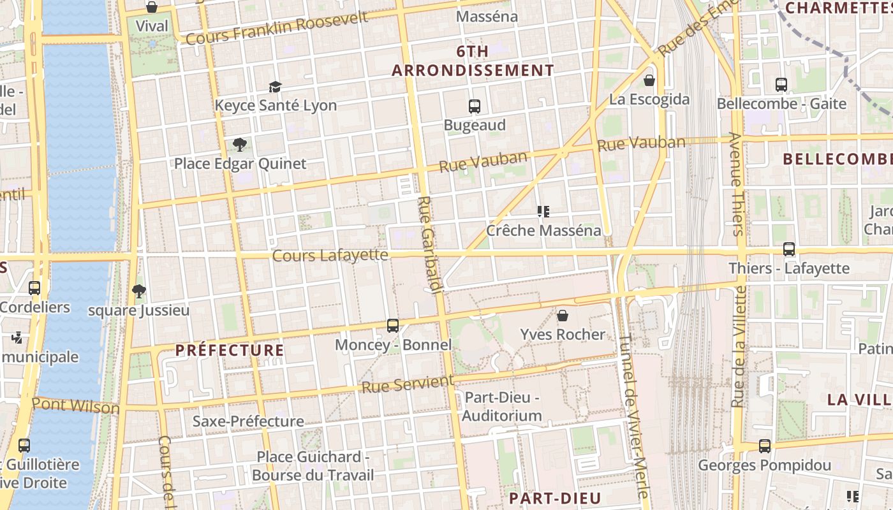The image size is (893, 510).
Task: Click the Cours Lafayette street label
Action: click(330, 255)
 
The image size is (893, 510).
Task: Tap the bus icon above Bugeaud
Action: click(474, 106)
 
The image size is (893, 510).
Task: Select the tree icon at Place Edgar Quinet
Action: click(240, 145)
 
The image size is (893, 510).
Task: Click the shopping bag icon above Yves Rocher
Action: click(563, 315)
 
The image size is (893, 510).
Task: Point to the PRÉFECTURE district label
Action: click(230, 350)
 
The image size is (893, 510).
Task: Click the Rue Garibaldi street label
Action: click(429, 245)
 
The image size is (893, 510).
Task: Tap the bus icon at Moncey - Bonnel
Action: click(393, 326)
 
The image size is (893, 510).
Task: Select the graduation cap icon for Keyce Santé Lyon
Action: click(275, 87)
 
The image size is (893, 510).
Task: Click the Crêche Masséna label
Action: click(543, 230)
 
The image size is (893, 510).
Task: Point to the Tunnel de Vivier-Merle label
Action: click(633, 414)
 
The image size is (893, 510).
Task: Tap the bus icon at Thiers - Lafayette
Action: click(789, 249)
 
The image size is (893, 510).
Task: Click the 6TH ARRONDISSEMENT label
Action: click(473, 61)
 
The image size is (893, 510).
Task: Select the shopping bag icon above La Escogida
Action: click(649, 80)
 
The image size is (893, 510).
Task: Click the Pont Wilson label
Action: click(75, 405)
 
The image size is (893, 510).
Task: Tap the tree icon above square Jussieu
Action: click(138, 291)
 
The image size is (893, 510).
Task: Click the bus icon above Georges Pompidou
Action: click(764, 446)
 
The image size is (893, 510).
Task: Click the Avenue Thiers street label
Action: click(736, 185)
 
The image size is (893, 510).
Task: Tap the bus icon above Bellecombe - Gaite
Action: click(781, 84)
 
